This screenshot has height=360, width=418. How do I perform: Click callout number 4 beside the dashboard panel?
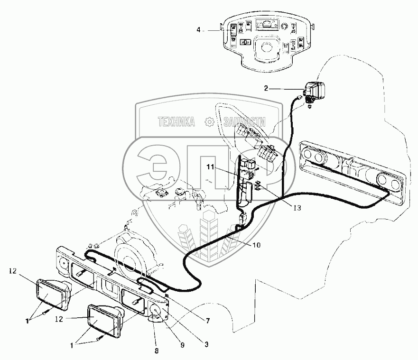tap(199, 29)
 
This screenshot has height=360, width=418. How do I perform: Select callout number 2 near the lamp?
tap(266, 88)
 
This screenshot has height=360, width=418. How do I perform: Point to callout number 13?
tap(297, 207)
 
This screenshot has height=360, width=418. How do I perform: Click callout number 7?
tap(207, 320)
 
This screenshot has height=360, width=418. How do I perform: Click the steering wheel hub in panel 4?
tap(267, 48)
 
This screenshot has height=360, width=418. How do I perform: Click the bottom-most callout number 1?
tap(72, 346)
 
